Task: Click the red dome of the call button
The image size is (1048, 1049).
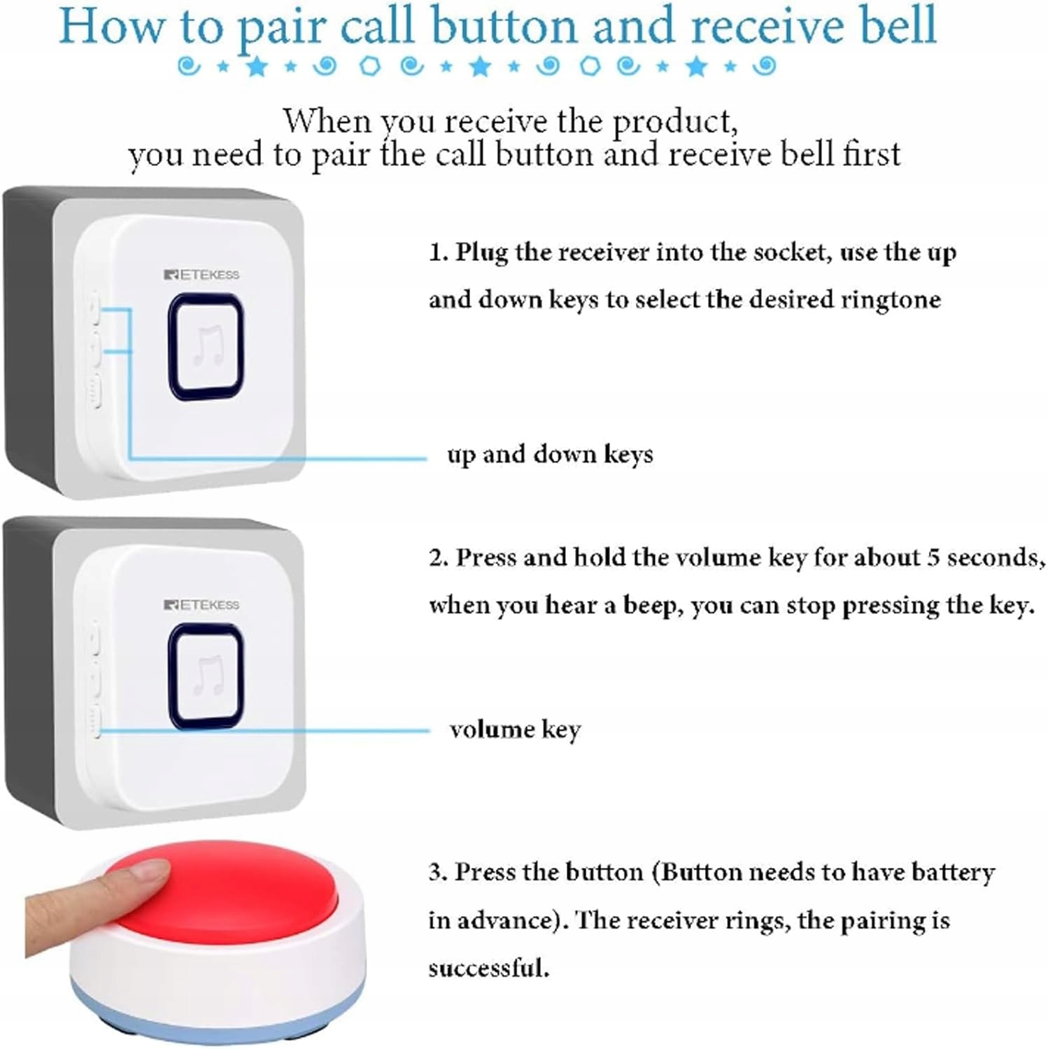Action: pyautogui.click(x=224, y=892)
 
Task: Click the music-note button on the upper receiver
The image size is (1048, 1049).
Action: pyautogui.click(x=206, y=347)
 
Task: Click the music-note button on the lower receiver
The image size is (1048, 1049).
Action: pyautogui.click(x=206, y=676)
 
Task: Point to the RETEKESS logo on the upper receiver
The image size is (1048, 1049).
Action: pyautogui.click(x=201, y=275)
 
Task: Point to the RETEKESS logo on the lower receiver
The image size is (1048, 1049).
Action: pyautogui.click(x=201, y=605)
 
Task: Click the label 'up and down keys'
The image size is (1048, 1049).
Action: pyautogui.click(x=550, y=455)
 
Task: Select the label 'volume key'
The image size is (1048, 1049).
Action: pyautogui.click(x=516, y=730)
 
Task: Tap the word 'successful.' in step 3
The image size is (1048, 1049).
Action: pyautogui.click(x=488, y=968)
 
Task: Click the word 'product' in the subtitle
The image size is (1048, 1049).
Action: pyautogui.click(x=674, y=123)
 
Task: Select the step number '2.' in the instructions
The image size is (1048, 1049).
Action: pyautogui.click(x=439, y=558)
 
